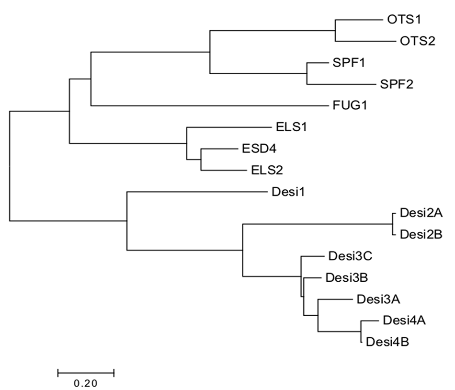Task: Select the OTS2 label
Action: click(x=417, y=41)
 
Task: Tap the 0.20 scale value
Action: click(x=86, y=383)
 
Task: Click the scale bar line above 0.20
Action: click(x=86, y=372)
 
